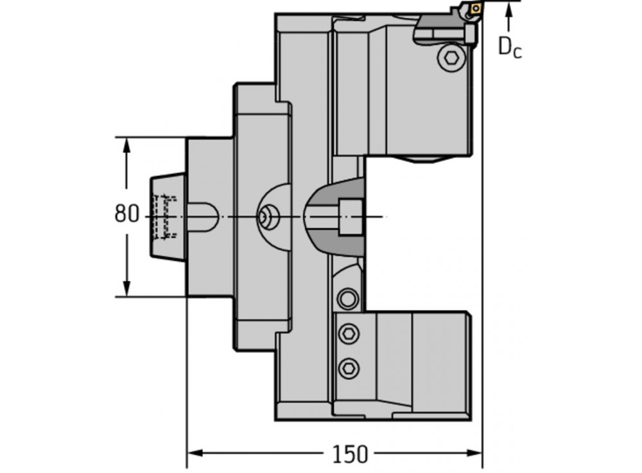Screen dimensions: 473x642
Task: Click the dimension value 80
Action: point(126,213)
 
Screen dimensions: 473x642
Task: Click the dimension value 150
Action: point(350,454)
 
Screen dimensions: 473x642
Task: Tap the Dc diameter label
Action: point(510,48)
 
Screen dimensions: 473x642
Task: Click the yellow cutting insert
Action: point(474,10)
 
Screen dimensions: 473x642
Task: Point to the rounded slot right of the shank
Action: point(204,217)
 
